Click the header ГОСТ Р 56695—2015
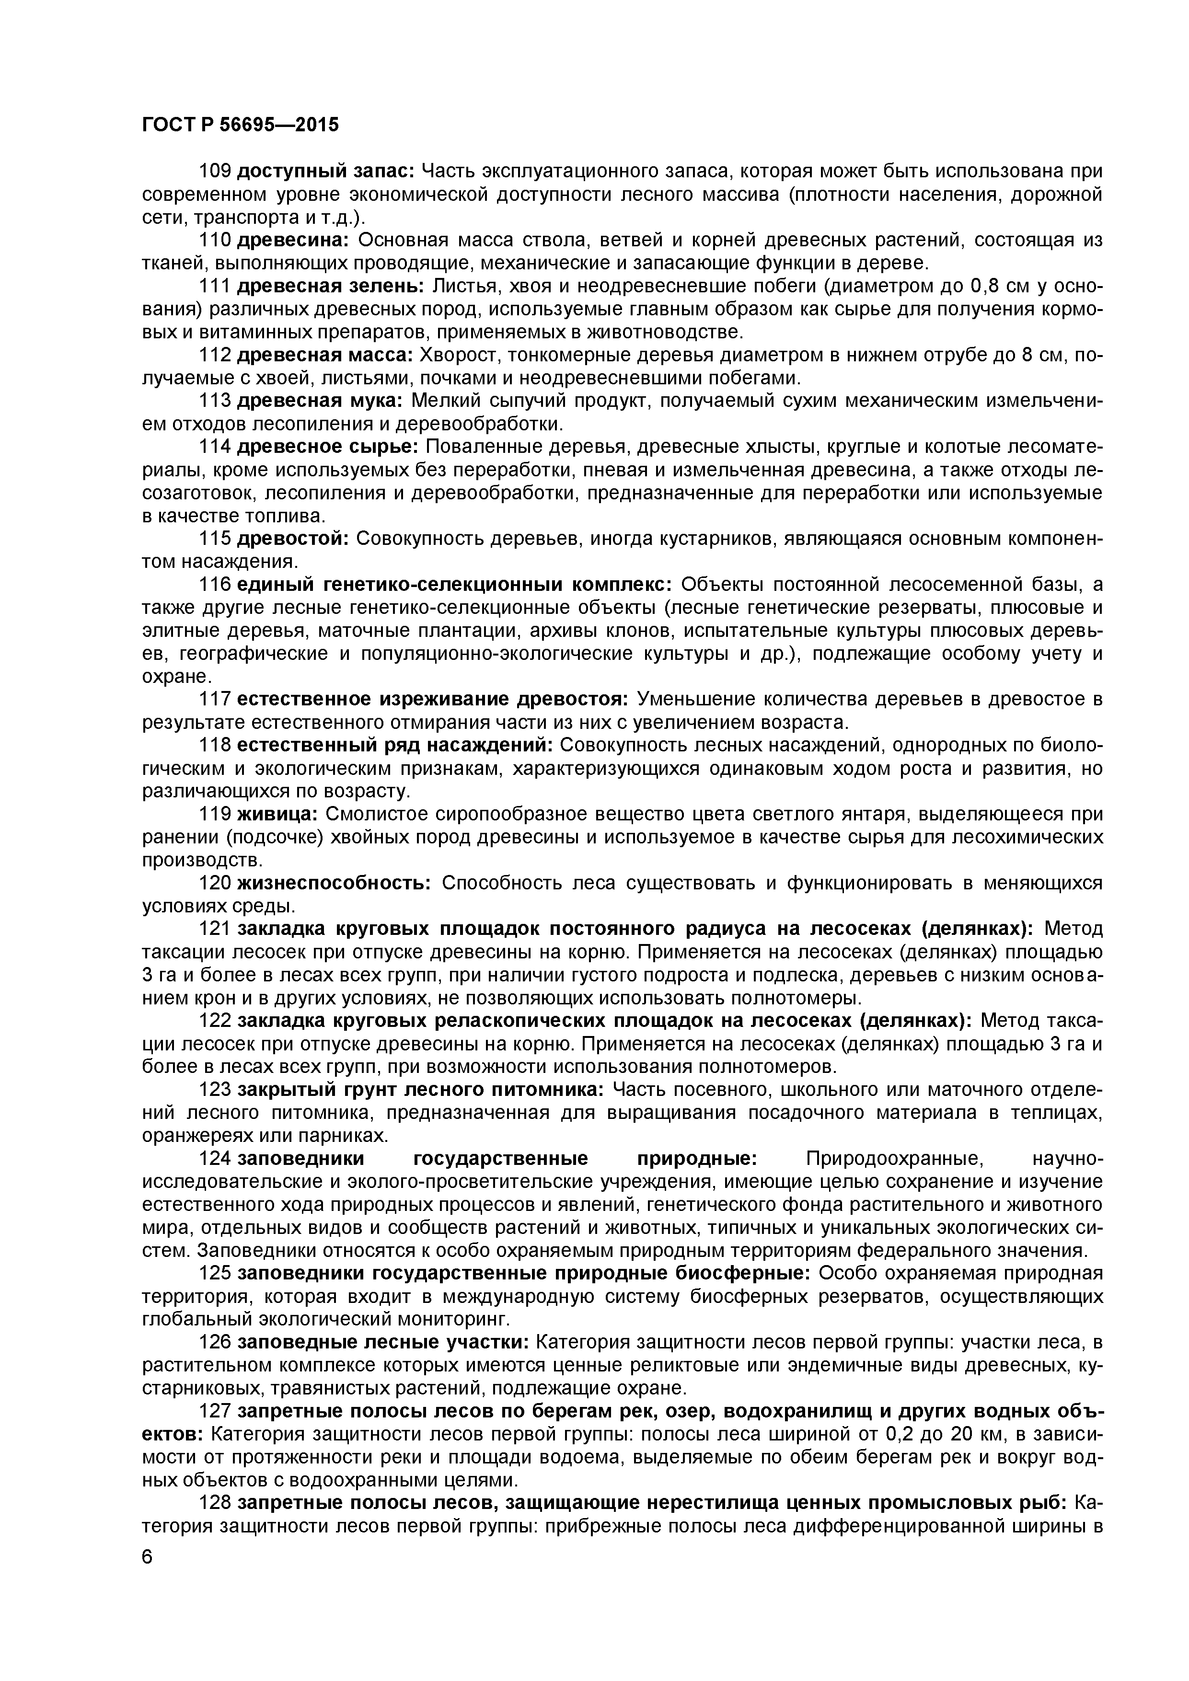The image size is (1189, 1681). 240,125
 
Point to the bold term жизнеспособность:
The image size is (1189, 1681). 335,883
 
